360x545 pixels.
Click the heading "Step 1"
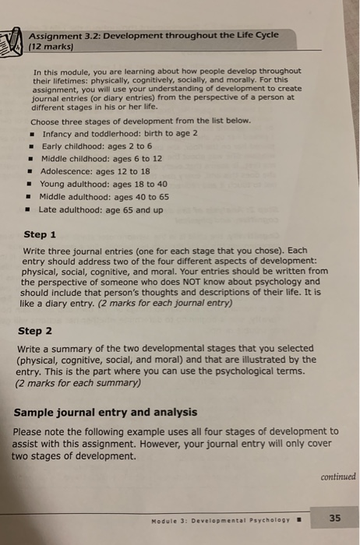click(40, 234)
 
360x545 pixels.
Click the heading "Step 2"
click(35, 330)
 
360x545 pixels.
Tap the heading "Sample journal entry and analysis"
click(105, 412)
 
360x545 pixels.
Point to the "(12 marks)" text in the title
click(51, 46)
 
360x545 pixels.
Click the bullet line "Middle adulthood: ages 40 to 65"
click(104, 196)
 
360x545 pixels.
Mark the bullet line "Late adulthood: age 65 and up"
click(101, 209)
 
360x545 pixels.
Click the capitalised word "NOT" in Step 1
click(190, 282)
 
